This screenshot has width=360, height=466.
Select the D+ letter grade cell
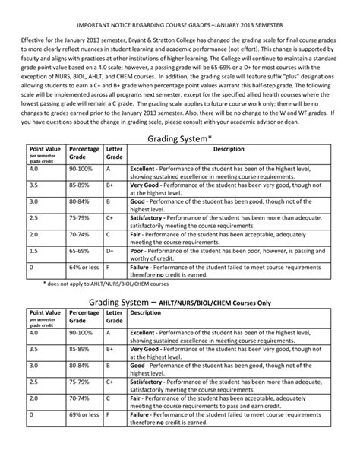[111, 250]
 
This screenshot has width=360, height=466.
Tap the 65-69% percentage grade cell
[81, 250]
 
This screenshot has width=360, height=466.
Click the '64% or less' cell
[84, 268]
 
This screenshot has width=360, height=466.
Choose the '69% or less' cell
[84, 437]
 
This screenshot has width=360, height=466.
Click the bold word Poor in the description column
[137, 250]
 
